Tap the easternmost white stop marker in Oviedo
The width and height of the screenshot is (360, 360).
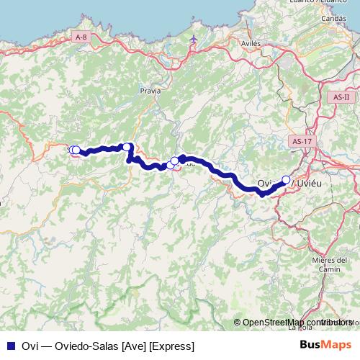point(286,180)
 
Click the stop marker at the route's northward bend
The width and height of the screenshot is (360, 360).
point(127,148)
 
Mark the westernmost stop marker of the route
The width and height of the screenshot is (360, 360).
point(72,150)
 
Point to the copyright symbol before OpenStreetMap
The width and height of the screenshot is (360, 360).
point(238,323)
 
